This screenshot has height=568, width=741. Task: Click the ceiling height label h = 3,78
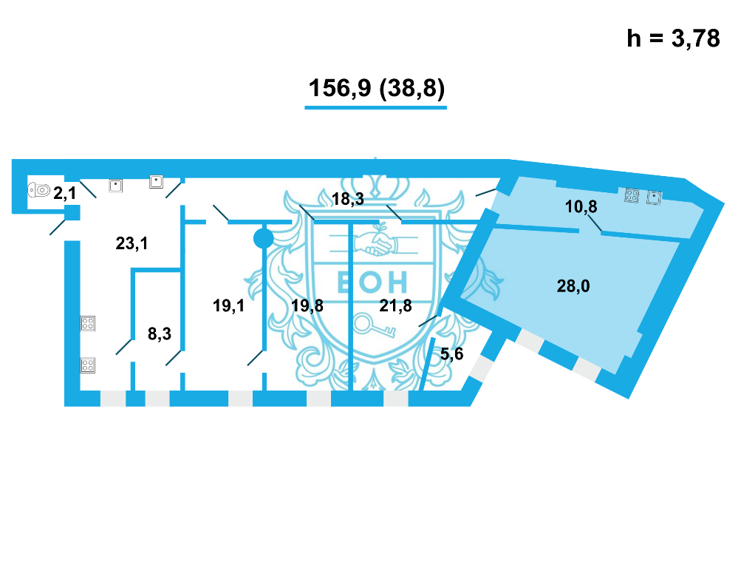pyautogui.click(x=673, y=38)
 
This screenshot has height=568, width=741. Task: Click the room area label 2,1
pyautogui.click(x=65, y=193)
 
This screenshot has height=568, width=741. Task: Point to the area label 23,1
pyautogui.click(x=132, y=242)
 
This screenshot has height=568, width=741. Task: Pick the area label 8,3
pyautogui.click(x=160, y=334)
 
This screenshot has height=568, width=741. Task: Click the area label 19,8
pyautogui.click(x=307, y=306)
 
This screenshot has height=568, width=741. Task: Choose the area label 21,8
pyautogui.click(x=396, y=306)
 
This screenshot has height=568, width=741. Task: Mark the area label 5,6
pyautogui.click(x=451, y=354)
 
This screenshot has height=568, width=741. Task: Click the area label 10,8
pyautogui.click(x=580, y=207)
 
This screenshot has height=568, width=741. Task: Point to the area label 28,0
pyautogui.click(x=573, y=286)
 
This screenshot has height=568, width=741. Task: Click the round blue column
pyautogui.click(x=263, y=238)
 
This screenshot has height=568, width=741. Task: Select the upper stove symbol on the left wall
pyautogui.click(x=88, y=323)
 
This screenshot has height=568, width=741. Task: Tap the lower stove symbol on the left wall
pyautogui.click(x=88, y=364)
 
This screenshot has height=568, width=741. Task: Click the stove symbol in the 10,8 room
pyautogui.click(x=632, y=196)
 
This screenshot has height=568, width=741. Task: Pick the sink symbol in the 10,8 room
pyautogui.click(x=653, y=197)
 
